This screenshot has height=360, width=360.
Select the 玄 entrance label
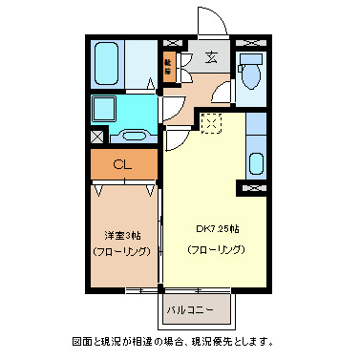coord(209,59)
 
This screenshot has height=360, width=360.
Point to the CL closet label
coord(121,164)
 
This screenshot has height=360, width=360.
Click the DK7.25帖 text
coord(217,230)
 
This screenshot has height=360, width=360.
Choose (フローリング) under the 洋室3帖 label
coord(121,252)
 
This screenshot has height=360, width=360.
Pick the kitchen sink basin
coord(256,162)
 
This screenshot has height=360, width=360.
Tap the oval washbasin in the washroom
coord(135,135)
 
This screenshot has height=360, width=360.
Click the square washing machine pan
coord(114,108)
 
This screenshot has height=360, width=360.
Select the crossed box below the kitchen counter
coord(256,188)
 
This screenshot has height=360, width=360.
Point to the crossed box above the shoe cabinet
coord(173,44)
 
